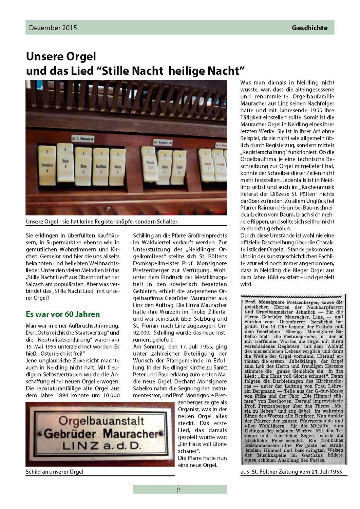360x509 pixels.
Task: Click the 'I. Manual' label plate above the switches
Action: pyautogui.click(x=83, y=138)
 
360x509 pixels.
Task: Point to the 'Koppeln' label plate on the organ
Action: pyautogui.click(x=163, y=142)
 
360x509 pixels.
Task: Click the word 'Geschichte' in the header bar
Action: pyautogui.click(x=309, y=28)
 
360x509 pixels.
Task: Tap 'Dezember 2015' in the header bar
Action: pyautogui.click(x=53, y=28)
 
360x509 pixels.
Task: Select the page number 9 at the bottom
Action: pyautogui.click(x=178, y=489)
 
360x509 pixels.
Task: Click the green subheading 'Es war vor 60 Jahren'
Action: pyautogui.click(x=63, y=314)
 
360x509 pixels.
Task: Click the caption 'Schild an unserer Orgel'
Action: pyautogui.click(x=54, y=472)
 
